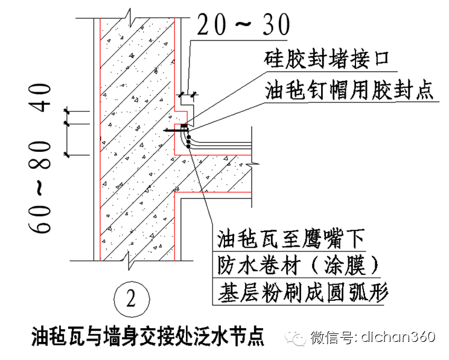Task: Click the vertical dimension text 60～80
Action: [49, 189]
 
